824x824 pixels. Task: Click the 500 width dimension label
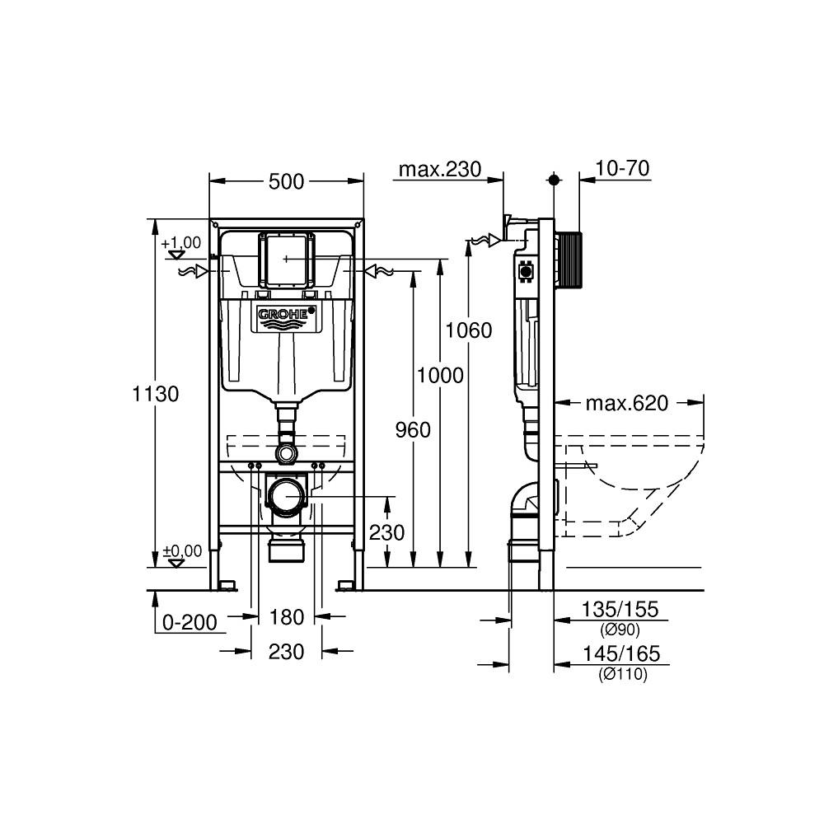pos(286,182)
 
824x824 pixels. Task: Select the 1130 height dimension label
pos(156,394)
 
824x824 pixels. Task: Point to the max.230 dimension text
pos(439,170)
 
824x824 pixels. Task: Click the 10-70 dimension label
pos(622,169)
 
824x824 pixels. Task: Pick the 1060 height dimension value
pos(468,330)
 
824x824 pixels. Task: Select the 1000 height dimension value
pos(440,376)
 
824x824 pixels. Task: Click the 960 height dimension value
pos(412,429)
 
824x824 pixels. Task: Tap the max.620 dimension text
pos(626,403)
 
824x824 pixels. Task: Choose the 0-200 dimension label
pos(190,623)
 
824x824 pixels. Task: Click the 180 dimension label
pos(287,616)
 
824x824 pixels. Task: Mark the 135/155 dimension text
pos(621,610)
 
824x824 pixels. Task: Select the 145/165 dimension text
pos(621,655)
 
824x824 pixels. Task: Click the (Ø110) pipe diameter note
pos(622,675)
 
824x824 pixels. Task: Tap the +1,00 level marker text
pos(180,242)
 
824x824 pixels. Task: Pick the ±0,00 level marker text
pos(181,550)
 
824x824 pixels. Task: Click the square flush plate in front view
pos(287,259)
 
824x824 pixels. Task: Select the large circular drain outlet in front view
pos(287,497)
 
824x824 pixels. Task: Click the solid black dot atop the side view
pos(554,179)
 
